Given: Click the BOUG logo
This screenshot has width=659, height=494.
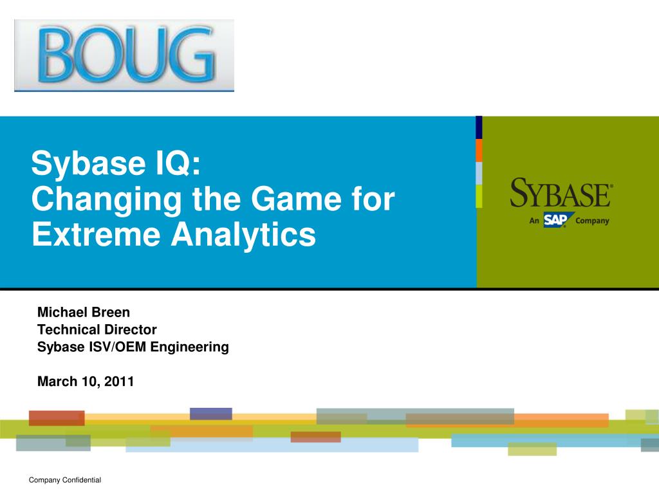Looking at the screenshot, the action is (x=124, y=55).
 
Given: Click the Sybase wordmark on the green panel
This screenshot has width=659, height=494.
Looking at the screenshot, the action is (x=561, y=193).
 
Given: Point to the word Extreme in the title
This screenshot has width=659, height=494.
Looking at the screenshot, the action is (x=96, y=234).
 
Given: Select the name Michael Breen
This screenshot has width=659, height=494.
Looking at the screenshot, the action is (x=84, y=312).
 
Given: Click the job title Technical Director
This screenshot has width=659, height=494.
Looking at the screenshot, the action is (x=97, y=329).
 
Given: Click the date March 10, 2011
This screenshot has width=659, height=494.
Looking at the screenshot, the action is (x=86, y=381).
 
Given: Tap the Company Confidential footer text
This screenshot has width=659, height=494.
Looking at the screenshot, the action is (x=65, y=480).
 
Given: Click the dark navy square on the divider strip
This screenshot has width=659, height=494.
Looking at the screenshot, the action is (x=479, y=128).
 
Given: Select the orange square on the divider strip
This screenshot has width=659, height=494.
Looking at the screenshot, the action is (x=479, y=151).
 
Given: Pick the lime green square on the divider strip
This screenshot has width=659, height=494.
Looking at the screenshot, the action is (x=479, y=196).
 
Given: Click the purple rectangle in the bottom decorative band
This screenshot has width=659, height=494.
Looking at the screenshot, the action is (x=211, y=414).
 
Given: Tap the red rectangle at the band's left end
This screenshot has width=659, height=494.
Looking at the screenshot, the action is (x=57, y=418).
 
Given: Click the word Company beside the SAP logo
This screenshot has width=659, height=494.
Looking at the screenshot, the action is (x=592, y=221).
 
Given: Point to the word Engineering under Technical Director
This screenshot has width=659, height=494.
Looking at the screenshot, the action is (x=190, y=347).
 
